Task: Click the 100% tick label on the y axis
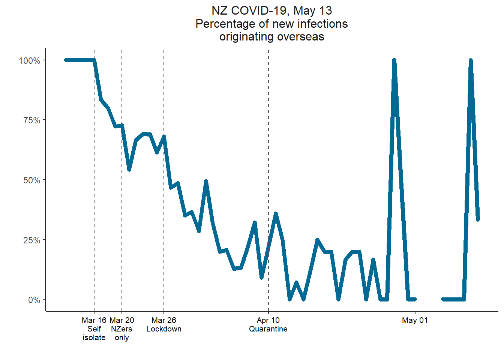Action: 29,61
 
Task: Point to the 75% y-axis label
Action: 31,120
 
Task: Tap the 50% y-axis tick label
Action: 31,180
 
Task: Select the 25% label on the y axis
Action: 31,240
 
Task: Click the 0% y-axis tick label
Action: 34,300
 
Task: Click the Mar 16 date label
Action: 94,320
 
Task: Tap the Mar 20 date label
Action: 122,320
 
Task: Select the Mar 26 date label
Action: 164,320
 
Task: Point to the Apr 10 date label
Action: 268,320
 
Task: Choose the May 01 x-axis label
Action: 415,320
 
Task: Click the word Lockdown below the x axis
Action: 164,329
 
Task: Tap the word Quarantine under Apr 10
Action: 268,329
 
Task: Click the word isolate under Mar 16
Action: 94,337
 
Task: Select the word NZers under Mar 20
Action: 122,329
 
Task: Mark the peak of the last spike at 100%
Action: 471,61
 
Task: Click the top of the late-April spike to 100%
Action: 394,61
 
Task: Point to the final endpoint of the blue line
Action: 478,219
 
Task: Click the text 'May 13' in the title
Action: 313,10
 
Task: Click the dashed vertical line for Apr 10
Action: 268,150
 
